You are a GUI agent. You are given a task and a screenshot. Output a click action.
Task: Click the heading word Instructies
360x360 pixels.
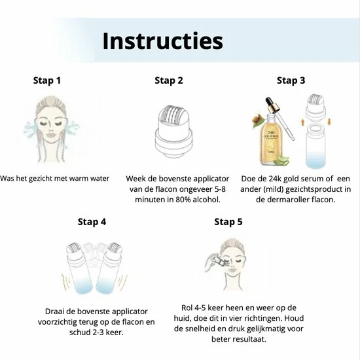(162, 41)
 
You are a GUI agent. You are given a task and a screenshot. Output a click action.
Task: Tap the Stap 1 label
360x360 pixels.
(47, 81)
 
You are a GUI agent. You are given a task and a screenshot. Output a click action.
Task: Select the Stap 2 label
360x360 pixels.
(169, 81)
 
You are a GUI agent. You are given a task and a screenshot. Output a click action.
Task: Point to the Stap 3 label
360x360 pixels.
(291, 81)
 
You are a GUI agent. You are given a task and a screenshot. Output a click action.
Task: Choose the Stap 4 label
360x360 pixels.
(92, 222)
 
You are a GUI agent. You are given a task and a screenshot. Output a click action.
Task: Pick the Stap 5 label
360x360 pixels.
(228, 222)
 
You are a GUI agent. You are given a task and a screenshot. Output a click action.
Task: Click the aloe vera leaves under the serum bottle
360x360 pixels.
(282, 160)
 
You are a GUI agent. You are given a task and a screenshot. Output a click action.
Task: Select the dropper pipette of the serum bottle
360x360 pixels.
(280, 117)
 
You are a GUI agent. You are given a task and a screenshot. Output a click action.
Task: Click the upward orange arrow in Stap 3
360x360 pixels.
(302, 122)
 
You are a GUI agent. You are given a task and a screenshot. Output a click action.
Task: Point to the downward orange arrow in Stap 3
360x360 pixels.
(329, 122)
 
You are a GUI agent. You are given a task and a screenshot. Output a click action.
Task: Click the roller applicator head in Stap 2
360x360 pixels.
(173, 132)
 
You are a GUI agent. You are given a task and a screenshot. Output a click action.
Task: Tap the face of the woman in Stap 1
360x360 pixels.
(50, 126)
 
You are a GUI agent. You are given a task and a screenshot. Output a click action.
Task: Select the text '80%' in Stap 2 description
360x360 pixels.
(183, 200)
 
